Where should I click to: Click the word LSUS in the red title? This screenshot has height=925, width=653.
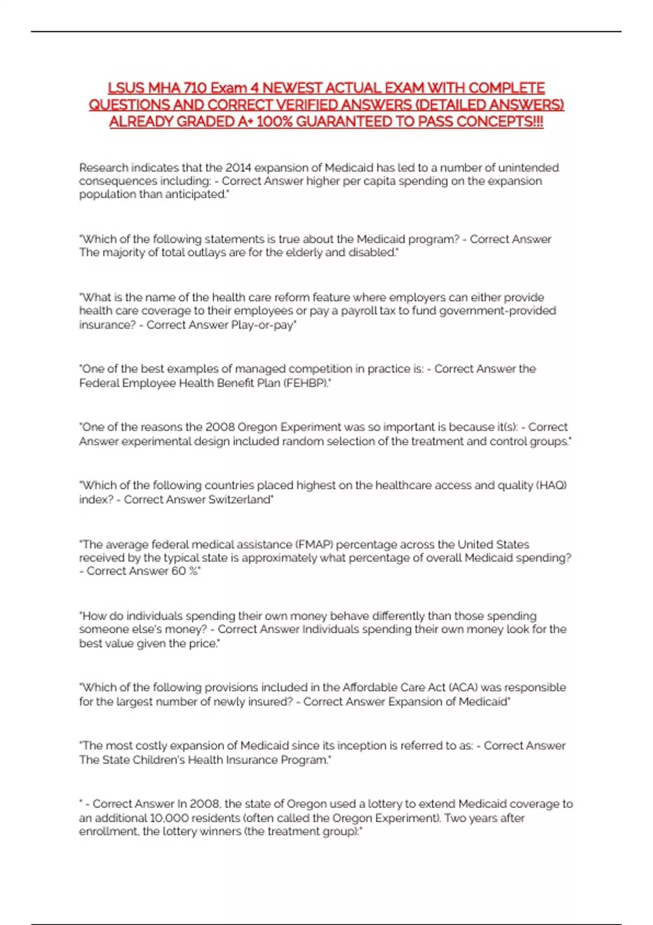(x=126, y=88)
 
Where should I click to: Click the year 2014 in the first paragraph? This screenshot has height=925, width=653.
(x=238, y=168)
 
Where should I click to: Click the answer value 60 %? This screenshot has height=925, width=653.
(x=186, y=571)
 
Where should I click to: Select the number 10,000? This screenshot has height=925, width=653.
(x=175, y=818)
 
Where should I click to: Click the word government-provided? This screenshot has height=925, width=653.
(x=497, y=311)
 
